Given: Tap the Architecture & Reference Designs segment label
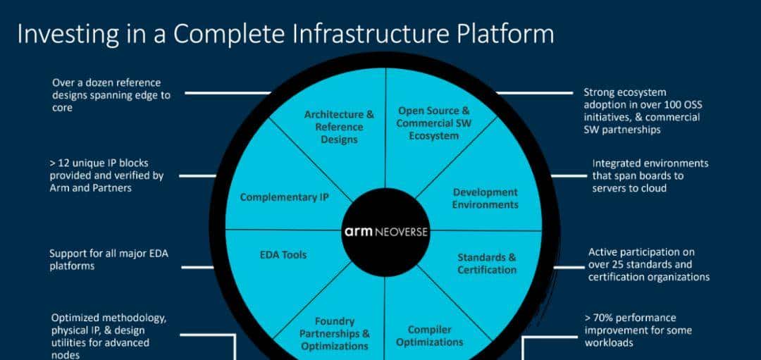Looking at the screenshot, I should point(339,127).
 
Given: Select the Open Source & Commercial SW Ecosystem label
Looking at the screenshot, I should point(433,123).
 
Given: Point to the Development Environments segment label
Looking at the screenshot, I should point(485,199).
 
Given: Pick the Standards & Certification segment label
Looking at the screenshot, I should point(486,263).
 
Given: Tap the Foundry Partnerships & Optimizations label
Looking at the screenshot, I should point(334,334).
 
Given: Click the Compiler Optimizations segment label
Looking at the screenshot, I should point(429,336).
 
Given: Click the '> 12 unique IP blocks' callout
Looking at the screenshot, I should point(106,175).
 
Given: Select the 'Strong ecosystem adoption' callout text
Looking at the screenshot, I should point(641,111).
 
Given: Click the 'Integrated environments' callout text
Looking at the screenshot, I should point(650,175).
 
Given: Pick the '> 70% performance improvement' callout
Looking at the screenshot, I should point(638,330).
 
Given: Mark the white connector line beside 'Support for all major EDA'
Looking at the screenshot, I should point(198,267).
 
